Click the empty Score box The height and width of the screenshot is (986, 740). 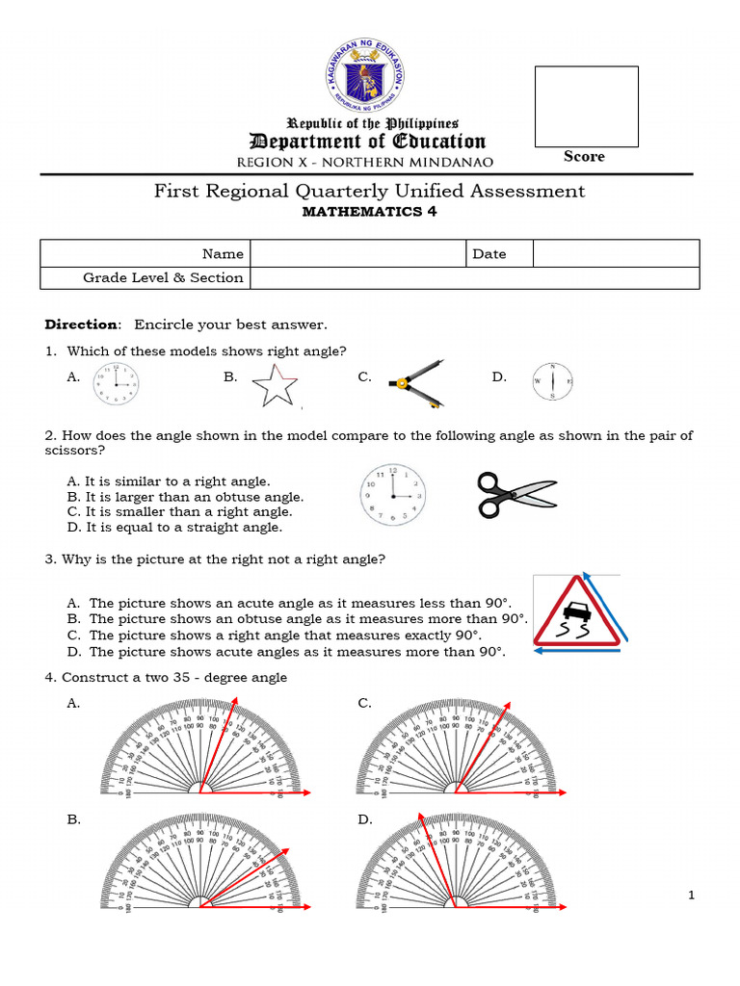pos(586,106)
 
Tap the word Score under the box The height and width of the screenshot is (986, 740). pos(584,156)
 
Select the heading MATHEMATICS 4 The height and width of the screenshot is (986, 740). pos(370,212)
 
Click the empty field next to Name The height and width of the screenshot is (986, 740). pos(357,254)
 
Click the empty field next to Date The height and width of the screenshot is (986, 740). pos(616,254)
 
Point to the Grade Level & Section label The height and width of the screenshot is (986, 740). pos(163,277)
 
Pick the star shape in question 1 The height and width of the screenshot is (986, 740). pos(275,387)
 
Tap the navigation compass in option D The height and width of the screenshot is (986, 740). pos(552,382)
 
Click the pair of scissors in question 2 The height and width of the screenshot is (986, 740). pos(516,494)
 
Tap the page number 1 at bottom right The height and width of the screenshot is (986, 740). pos(692,896)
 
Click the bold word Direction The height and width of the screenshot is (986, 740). pos(84,324)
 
